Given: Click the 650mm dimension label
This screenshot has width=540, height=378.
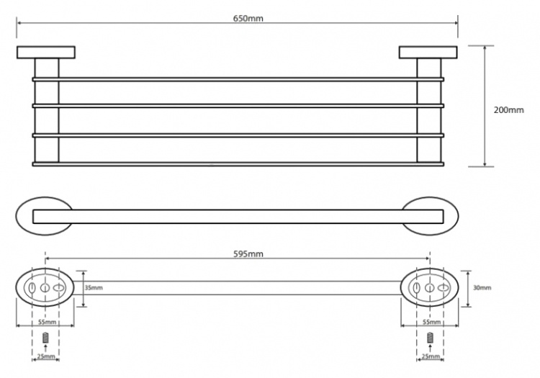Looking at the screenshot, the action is coord(248,18).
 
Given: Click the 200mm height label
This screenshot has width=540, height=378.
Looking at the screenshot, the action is coord(508,110).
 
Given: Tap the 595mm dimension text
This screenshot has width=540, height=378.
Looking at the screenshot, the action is coord(248,254).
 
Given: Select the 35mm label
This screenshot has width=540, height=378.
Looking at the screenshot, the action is coord(94,287).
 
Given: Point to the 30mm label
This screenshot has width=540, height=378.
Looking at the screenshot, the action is coord(482,287).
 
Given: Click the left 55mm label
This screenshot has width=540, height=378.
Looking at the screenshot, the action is coord(47,323).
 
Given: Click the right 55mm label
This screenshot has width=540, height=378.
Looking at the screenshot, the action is coord(431,323).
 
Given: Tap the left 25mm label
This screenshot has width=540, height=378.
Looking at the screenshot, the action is coord(46,356).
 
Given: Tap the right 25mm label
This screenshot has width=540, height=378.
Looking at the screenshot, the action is coord(431,356).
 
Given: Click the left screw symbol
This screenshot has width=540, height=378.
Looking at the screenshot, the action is coord(45,338).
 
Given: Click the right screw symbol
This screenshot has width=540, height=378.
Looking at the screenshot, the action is coord(429,338).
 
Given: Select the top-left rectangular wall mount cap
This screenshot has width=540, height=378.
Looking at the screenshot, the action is coord(46,53).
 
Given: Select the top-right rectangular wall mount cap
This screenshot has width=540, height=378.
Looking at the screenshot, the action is coord(428,53).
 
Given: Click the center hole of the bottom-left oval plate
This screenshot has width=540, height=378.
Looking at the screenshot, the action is coord(45,287).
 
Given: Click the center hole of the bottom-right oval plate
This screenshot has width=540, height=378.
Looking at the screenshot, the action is coord(429,287).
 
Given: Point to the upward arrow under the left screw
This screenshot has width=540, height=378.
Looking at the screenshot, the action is coord(45,348).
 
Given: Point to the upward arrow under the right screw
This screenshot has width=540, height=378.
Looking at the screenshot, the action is coord(429,348).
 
